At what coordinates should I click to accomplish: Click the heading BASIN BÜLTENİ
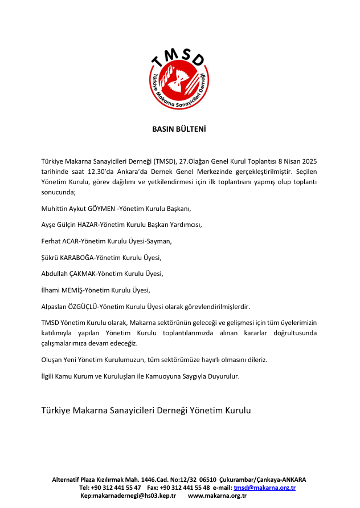[179, 129]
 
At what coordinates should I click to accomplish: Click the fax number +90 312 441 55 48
[185, 488]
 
